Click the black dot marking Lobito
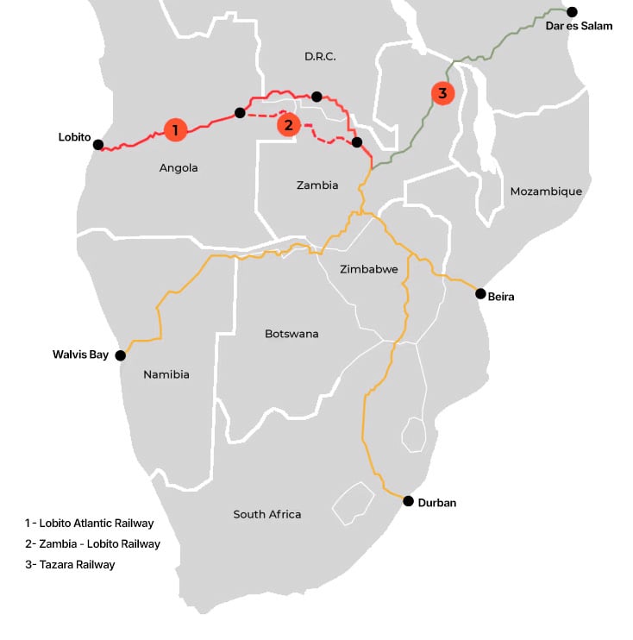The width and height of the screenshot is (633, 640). tap(98, 145)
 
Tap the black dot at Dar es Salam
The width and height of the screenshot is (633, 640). tap(571, 11)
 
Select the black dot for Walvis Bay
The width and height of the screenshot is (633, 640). tap(121, 355)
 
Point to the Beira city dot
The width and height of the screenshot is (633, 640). tap(481, 294)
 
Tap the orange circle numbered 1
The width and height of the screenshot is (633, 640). tap(175, 130)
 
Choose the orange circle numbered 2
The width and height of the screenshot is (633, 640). tap(289, 125)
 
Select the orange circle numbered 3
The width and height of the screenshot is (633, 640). tap(442, 93)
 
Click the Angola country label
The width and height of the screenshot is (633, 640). tap(179, 168)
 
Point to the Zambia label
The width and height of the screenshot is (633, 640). tap(317, 185)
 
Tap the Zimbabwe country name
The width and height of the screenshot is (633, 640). tap(369, 269)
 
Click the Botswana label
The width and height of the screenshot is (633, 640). tap(291, 334)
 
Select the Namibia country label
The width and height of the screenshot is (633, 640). tap(166, 374)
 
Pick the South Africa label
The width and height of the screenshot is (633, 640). tap(267, 515)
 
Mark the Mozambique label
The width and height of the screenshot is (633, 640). tap(546, 191)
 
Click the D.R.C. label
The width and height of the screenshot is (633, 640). tap(319, 57)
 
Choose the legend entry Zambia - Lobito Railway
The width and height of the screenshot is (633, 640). tap(92, 544)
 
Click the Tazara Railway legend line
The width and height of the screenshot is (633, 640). tap(70, 565)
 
